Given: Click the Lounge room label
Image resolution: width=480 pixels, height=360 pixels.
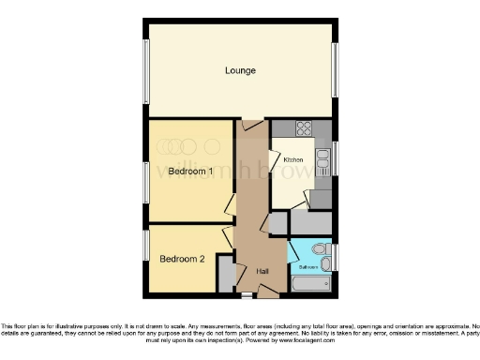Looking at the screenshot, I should [x=241, y=70].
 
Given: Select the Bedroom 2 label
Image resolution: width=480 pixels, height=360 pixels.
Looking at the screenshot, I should [x=182, y=258].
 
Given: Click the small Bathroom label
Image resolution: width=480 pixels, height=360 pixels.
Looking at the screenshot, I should [x=307, y=267].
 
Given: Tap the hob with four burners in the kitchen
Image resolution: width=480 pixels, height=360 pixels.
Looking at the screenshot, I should [x=305, y=129].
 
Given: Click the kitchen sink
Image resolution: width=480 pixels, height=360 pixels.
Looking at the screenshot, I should [x=322, y=165].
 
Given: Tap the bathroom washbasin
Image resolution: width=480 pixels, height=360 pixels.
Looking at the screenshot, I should [x=297, y=250].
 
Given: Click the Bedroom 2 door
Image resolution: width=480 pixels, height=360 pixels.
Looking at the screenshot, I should [x=228, y=236].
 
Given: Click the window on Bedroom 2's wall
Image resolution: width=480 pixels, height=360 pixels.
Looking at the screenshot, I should [x=146, y=247].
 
